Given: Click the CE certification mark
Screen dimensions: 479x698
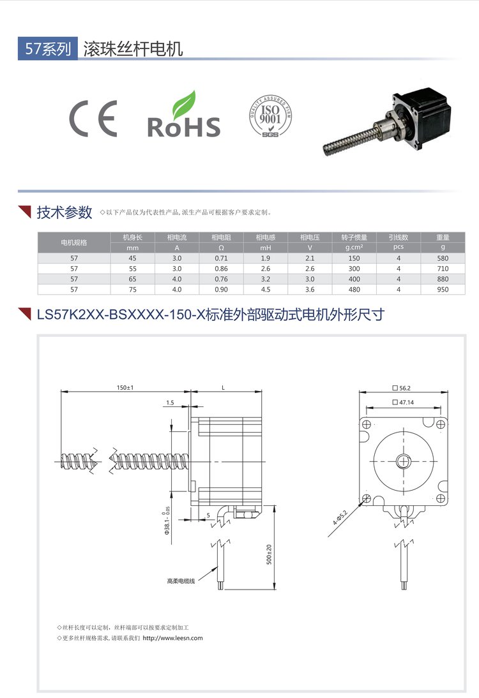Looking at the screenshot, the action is (93, 119).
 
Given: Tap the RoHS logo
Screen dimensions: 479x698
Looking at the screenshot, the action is (183, 114).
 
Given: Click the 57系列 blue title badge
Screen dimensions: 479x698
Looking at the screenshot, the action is (48, 48).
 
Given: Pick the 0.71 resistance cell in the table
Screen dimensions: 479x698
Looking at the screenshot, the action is (221, 258).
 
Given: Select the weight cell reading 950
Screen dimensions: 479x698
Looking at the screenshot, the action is (443, 290).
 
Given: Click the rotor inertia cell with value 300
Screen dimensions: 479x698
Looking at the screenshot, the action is (354, 269).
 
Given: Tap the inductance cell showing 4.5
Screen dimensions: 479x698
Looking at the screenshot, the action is (266, 290).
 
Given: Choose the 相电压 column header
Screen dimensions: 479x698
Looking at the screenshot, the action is (310, 237).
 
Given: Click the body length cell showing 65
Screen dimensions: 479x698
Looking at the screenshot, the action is (132, 279).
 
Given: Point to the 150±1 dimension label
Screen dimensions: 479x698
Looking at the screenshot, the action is (125, 387).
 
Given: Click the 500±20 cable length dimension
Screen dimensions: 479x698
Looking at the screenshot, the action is (269, 554).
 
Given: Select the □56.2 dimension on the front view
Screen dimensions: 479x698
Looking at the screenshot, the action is (402, 388).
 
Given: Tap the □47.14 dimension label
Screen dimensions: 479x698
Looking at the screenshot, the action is (403, 403).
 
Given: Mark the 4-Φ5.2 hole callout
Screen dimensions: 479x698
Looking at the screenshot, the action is (340, 517).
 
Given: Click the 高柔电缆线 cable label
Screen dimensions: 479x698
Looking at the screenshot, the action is (181, 581).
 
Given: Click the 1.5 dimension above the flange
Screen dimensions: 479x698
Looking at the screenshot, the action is (171, 403).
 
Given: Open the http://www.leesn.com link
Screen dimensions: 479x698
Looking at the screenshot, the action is (173, 638).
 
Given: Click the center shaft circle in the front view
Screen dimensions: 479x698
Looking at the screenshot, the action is (403, 461).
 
